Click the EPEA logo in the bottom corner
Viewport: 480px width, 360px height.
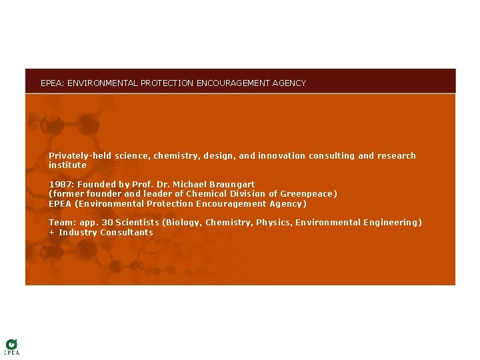(11, 347)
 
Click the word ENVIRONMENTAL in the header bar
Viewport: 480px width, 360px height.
(97, 83)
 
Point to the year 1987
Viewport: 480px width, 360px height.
(59, 184)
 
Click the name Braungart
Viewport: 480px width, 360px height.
(232, 184)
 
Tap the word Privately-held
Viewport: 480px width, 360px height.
(80, 156)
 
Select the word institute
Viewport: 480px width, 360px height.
(67, 165)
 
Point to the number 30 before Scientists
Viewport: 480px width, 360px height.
(107, 223)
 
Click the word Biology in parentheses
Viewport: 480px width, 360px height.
(183, 223)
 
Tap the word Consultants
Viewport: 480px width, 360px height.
(127, 233)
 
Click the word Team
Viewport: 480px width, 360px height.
(60, 223)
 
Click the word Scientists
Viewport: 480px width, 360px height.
(137, 223)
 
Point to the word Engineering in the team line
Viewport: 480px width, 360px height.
(392, 223)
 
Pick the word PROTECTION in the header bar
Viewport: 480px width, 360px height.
(167, 83)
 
